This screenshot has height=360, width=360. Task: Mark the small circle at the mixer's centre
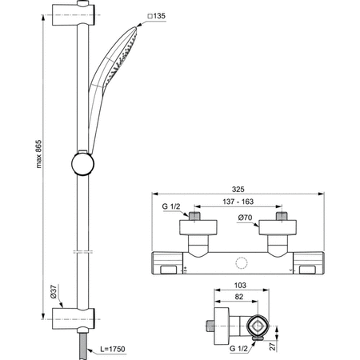click(241, 263)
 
